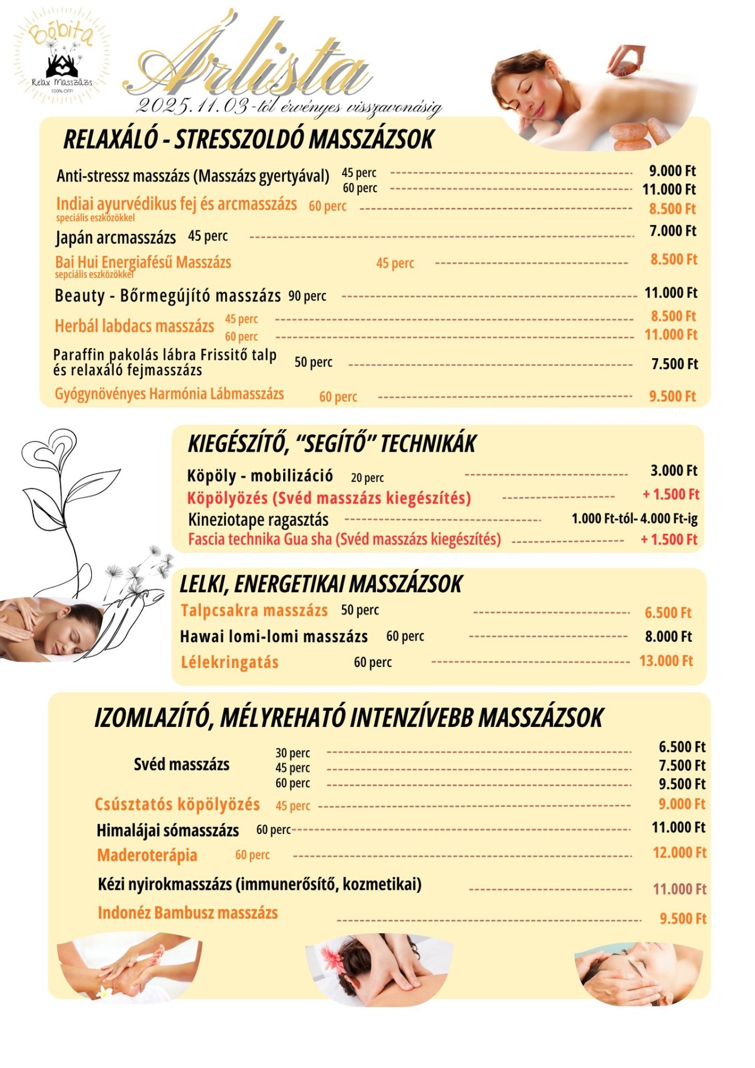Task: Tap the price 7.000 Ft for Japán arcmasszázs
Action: [x=673, y=231]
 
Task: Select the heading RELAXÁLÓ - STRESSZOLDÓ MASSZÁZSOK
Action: [x=248, y=139]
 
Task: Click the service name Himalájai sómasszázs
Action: [x=167, y=830]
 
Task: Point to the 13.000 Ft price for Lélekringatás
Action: [x=666, y=661]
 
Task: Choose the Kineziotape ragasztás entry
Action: [x=258, y=520]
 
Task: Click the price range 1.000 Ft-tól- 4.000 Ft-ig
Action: [x=634, y=519]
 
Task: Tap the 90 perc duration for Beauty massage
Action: [x=307, y=296]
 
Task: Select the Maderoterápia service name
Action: [x=147, y=855]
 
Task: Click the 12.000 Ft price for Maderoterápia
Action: [x=679, y=852]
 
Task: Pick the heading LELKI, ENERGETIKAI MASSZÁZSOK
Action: [x=320, y=584]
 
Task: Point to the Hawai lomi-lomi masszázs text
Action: [x=274, y=636]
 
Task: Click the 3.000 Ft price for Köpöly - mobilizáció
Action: [x=674, y=471]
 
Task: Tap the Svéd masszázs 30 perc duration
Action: [x=293, y=753]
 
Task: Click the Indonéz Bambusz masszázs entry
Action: [x=187, y=913]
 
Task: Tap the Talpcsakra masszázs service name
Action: [x=254, y=610]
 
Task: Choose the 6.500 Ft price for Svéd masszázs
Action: [x=682, y=746]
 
